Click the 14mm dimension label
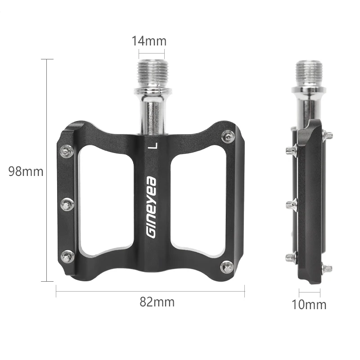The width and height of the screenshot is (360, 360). (149, 41)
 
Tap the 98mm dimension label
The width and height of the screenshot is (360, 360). (26, 171)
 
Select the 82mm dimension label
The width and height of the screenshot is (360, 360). (157, 302)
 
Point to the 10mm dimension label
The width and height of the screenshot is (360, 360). (309, 305)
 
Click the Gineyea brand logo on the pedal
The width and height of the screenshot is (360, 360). (152, 207)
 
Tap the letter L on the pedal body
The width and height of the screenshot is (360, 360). (153, 145)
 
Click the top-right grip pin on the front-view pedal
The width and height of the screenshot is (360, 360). (228, 137)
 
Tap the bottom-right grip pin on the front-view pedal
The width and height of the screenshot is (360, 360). (227, 267)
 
